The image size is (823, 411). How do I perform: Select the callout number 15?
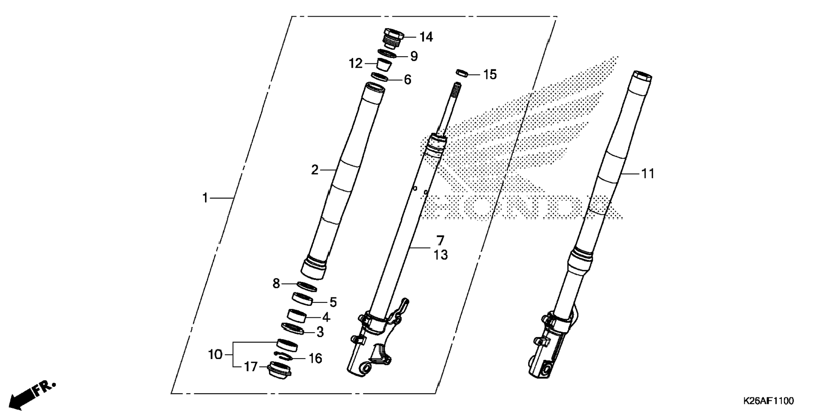coord(490,75)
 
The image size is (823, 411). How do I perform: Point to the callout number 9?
coord(414,57)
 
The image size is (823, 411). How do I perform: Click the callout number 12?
coord(355,64)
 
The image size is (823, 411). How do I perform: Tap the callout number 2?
coord(314,170)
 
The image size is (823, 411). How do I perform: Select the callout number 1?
coord(205,198)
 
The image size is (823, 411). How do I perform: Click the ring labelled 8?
coord(306,287)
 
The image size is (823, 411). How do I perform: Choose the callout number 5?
coord(333,303)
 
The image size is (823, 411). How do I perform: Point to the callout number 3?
coord(320,332)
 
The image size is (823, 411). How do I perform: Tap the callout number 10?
coord(215,354)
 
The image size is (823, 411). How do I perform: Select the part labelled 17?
coord(279,369)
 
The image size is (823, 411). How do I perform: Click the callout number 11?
coord(648,174)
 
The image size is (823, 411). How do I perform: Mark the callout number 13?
coord(441,255)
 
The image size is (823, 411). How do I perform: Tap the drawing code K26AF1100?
coord(769,401)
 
